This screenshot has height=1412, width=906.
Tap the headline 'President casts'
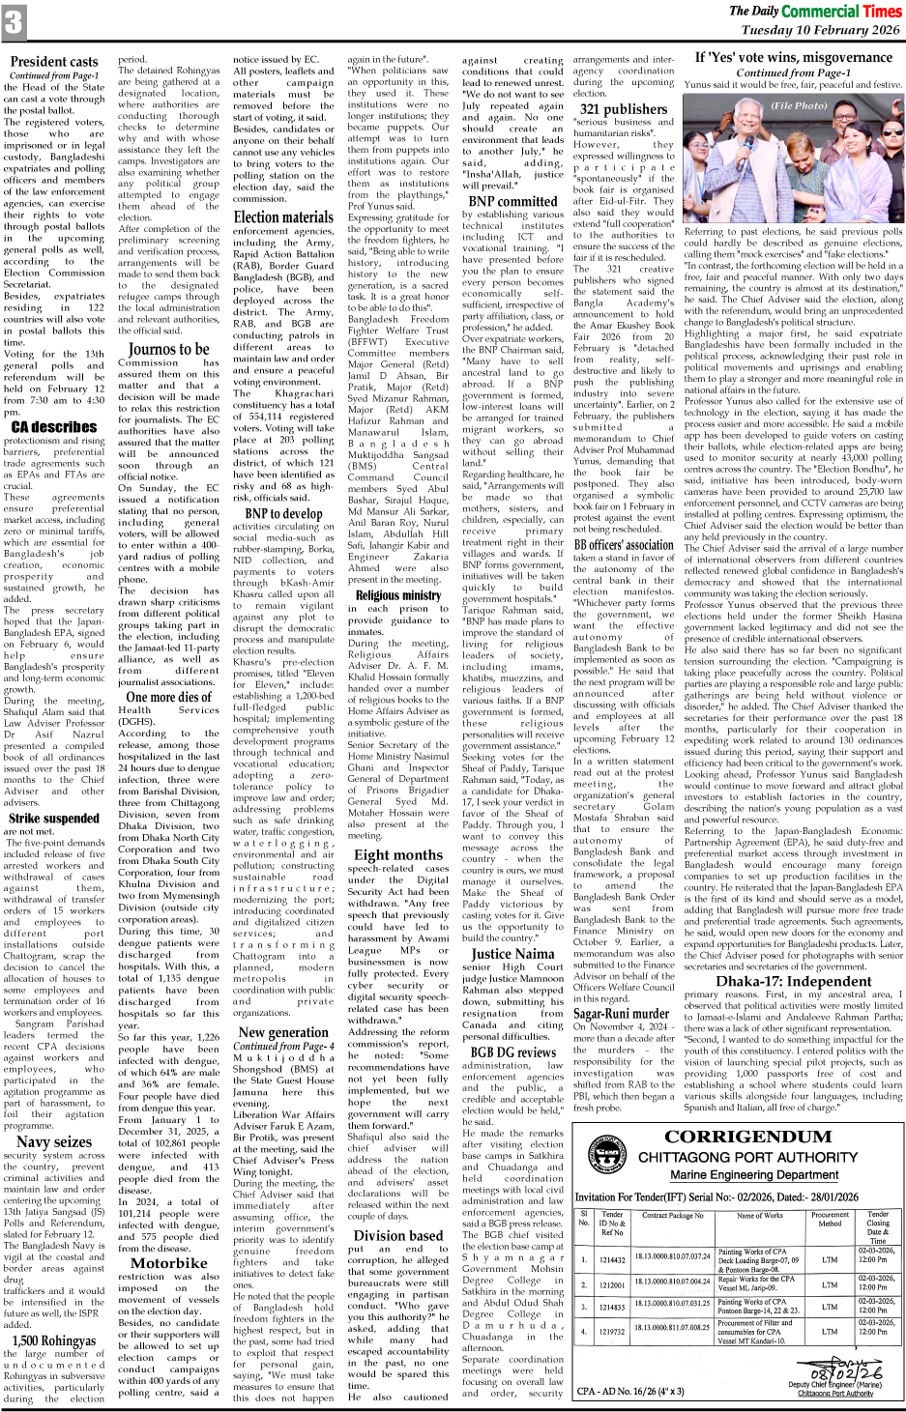pyautogui.click(x=54, y=62)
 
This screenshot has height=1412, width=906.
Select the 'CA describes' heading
pyautogui.click(x=54, y=426)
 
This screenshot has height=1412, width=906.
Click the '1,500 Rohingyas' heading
pyautogui.click(x=54, y=1340)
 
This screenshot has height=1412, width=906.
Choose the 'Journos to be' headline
pyautogui.click(x=168, y=349)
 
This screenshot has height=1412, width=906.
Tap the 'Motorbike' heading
pyautogui.click(x=168, y=1262)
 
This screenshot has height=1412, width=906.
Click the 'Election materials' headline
pyautogui.click(x=283, y=217)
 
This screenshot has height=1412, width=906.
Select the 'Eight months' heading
pyautogui.click(x=397, y=854)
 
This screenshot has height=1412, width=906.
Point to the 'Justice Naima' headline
pyautogui.click(x=512, y=953)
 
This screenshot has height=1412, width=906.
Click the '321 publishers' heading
pyautogui.click(x=623, y=109)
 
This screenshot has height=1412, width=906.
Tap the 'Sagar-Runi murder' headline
pyautogui.click(x=621, y=1014)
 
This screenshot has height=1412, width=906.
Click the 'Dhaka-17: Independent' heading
pyautogui.click(x=793, y=981)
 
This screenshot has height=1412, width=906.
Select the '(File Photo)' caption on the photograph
pyautogui.click(x=799, y=105)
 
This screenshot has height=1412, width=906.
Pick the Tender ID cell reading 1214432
pyautogui.click(x=611, y=1260)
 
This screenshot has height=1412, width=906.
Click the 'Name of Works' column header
pyautogui.click(x=760, y=1216)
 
